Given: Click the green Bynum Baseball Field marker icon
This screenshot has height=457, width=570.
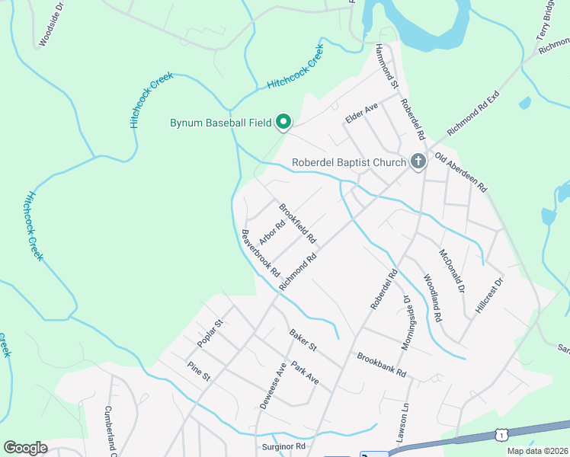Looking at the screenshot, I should point(283,122).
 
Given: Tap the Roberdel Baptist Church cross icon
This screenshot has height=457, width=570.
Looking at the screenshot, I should point(418,161).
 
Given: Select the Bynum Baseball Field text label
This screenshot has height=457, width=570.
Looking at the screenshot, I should point(219,123).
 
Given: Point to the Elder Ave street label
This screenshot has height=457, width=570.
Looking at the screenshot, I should point(362,113).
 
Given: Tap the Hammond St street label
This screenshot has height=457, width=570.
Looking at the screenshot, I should point(387,67).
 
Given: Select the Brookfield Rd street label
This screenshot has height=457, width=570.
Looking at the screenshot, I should point(297,222).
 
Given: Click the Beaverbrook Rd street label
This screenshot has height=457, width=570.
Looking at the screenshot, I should point(261,253).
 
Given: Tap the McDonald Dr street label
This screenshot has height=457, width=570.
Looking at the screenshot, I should point(452,270).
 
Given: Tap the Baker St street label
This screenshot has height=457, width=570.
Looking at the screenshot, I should point(303,340).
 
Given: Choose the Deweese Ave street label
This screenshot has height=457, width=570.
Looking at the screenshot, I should point(272,386).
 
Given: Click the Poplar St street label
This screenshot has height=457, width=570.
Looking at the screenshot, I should point(209,334).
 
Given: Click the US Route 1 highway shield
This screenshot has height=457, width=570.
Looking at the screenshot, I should point(501,433).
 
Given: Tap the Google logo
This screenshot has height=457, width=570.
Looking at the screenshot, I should point(25,448).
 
